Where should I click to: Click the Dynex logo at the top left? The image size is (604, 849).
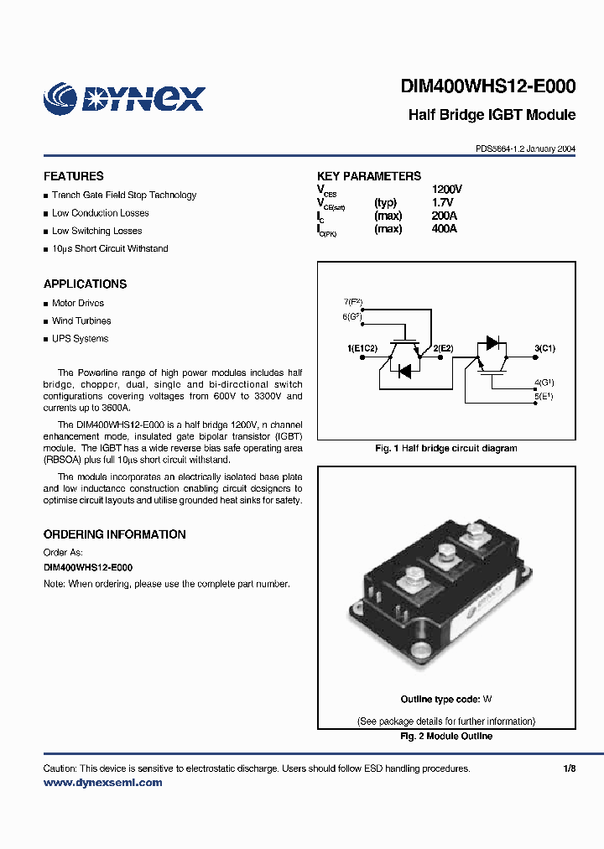click(124, 98)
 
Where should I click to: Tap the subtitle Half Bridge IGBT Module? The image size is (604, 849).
click(492, 115)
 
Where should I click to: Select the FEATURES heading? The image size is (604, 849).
click(74, 176)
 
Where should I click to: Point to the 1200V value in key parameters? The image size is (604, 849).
click(446, 190)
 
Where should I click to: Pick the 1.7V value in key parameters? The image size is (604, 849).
click(442, 203)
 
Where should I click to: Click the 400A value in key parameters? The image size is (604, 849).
click(444, 228)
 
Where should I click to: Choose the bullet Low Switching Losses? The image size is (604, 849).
click(96, 231)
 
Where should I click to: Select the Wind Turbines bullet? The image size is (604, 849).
click(81, 320)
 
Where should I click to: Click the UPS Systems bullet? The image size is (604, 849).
click(80, 339)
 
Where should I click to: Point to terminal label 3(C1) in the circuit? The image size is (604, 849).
click(544, 347)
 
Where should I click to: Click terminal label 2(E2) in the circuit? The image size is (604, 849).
click(442, 347)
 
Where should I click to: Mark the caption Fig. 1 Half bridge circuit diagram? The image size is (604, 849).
click(445, 448)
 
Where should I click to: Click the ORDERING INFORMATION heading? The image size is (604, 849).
click(114, 534)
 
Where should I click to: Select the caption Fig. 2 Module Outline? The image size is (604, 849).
click(445, 736)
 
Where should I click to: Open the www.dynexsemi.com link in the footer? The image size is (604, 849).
click(102, 782)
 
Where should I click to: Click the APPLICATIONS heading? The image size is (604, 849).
click(85, 284)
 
